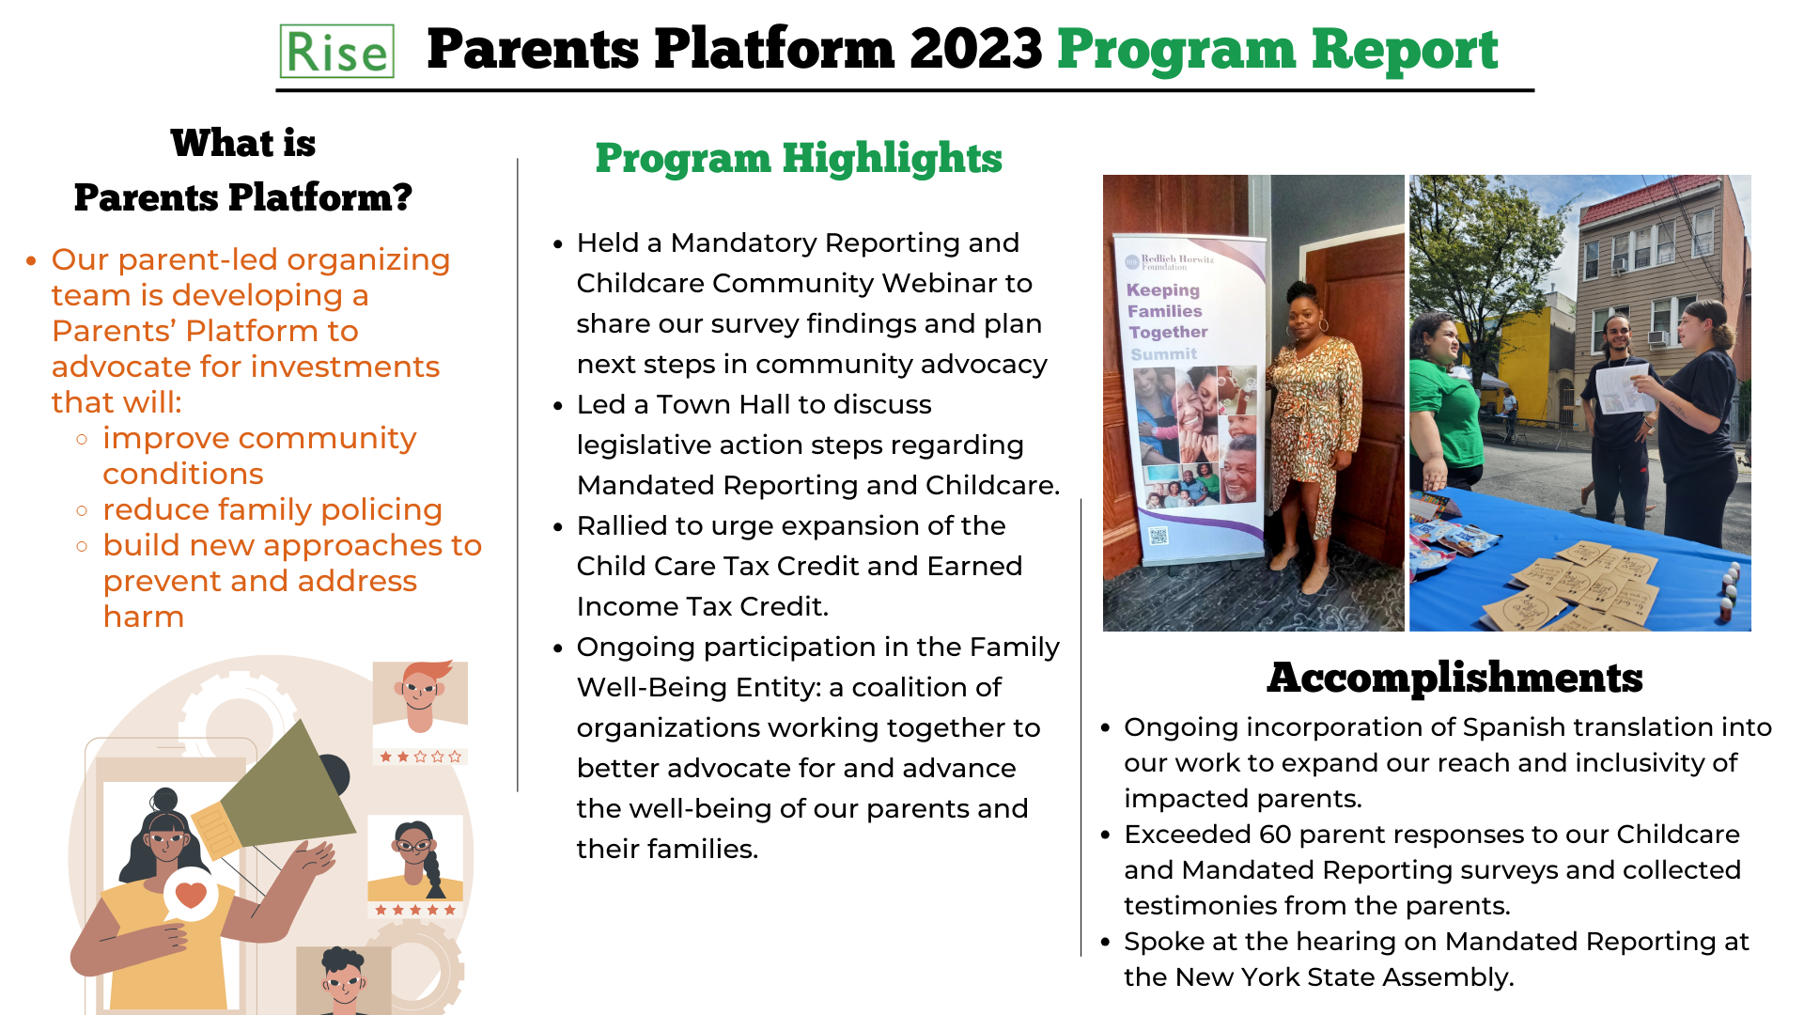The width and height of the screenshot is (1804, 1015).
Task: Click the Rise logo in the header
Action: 336,52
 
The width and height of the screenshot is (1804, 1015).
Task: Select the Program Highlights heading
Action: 798,158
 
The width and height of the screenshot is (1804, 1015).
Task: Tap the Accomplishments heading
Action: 1454,678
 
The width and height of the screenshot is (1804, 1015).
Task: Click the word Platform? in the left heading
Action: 320,197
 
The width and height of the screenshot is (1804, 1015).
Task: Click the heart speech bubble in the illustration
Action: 191,895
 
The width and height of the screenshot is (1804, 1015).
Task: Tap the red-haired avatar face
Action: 420,694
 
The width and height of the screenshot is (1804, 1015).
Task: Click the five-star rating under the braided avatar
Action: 415,910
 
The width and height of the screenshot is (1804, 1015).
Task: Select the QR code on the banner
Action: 1158,536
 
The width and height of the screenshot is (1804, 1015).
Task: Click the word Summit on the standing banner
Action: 1163,354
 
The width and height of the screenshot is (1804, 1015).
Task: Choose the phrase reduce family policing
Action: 272,509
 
